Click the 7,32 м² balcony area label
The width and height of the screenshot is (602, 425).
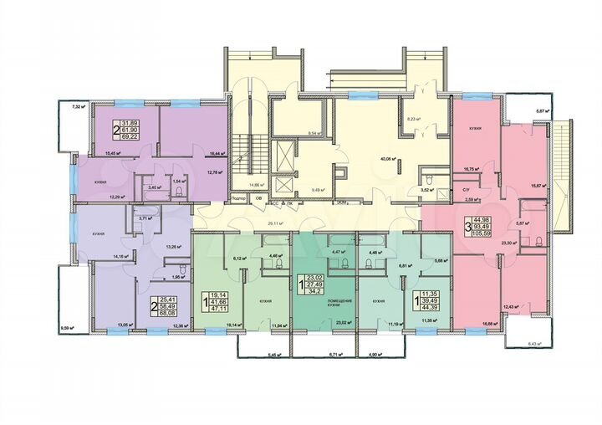pos(79,107)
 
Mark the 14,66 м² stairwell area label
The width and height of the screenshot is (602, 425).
pos(256,186)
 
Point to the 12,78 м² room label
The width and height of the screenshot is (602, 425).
pos(216,173)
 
